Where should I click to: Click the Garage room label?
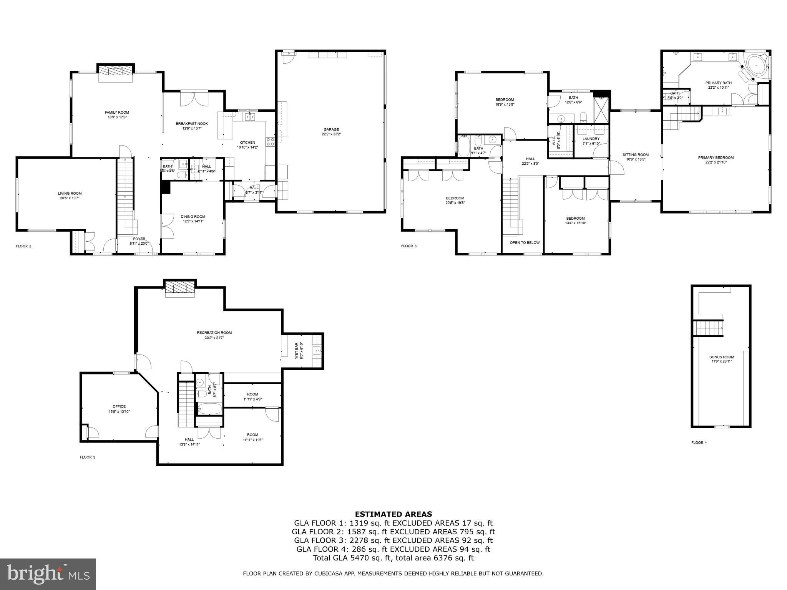point(330,129)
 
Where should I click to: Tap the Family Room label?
point(117,113)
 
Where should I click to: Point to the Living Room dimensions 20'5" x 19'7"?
point(70,198)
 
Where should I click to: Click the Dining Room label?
point(193,217)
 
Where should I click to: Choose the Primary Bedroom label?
point(716,157)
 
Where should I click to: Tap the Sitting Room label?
point(635,155)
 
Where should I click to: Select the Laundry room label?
point(591,139)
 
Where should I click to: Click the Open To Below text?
point(525,243)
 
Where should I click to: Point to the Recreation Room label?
point(214,333)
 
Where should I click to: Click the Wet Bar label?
point(297,350)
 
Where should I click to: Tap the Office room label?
point(119,406)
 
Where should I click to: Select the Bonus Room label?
point(721,357)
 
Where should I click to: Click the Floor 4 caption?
point(699,442)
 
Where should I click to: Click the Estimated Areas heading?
point(393,514)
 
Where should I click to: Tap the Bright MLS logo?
point(48,574)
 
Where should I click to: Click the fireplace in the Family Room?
point(116,72)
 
